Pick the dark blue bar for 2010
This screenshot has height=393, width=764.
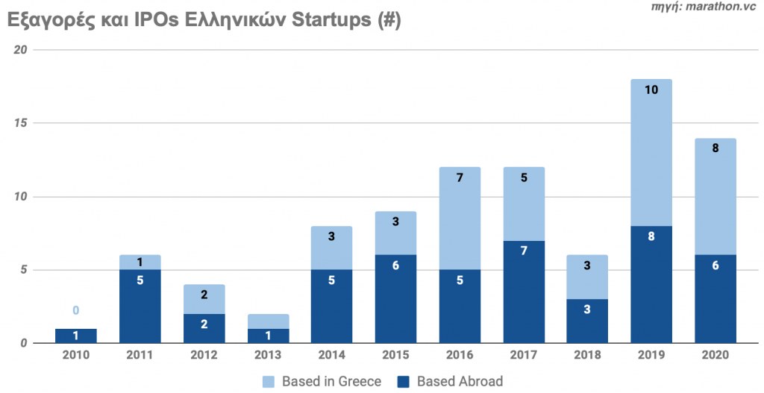[75, 336]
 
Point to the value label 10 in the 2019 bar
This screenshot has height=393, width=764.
[651, 90]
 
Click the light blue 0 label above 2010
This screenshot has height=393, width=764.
[75, 311]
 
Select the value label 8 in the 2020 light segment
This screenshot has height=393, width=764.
[715, 148]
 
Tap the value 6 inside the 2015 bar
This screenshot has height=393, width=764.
[395, 265]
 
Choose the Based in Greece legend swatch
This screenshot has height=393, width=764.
[269, 382]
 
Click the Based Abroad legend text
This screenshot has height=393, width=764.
[460, 382]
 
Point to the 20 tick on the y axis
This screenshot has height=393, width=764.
[20, 49]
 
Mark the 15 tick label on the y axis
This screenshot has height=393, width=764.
[20, 123]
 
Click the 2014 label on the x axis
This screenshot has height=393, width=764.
[331, 355]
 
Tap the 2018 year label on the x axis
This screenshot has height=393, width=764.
[586, 355]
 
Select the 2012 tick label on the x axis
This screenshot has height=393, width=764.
[203, 355]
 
